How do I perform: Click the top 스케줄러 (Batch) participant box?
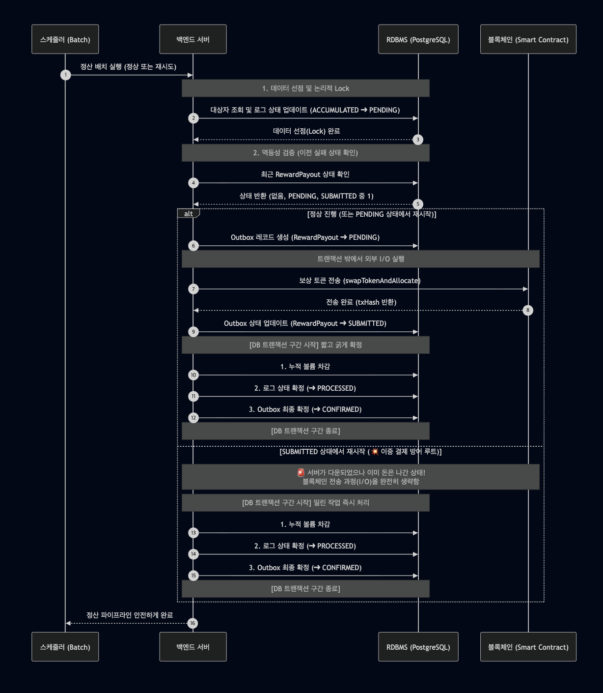click(65, 39)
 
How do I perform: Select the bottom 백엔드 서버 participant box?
click(193, 647)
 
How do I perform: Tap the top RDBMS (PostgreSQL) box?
click(418, 39)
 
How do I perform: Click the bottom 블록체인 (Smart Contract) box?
click(528, 647)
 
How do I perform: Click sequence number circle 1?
click(66, 75)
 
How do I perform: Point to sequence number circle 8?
click(528, 310)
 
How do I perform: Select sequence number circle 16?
click(192, 623)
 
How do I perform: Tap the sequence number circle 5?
click(418, 204)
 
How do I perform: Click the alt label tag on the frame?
click(189, 214)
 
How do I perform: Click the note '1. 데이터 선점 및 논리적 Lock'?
click(305, 88)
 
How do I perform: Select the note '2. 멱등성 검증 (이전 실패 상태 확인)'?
click(305, 153)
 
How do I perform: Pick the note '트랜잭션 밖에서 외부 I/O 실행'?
click(360, 259)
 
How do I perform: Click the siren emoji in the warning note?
click(301, 473)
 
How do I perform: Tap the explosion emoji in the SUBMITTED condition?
click(375, 452)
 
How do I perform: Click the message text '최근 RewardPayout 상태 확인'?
click(305, 174)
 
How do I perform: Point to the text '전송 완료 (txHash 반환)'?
click(361, 302)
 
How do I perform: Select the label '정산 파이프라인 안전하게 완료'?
click(130, 615)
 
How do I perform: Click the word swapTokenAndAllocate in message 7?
click(382, 281)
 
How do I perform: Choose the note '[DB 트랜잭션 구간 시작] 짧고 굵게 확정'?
click(305, 345)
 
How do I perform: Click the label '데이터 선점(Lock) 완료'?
click(306, 131)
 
